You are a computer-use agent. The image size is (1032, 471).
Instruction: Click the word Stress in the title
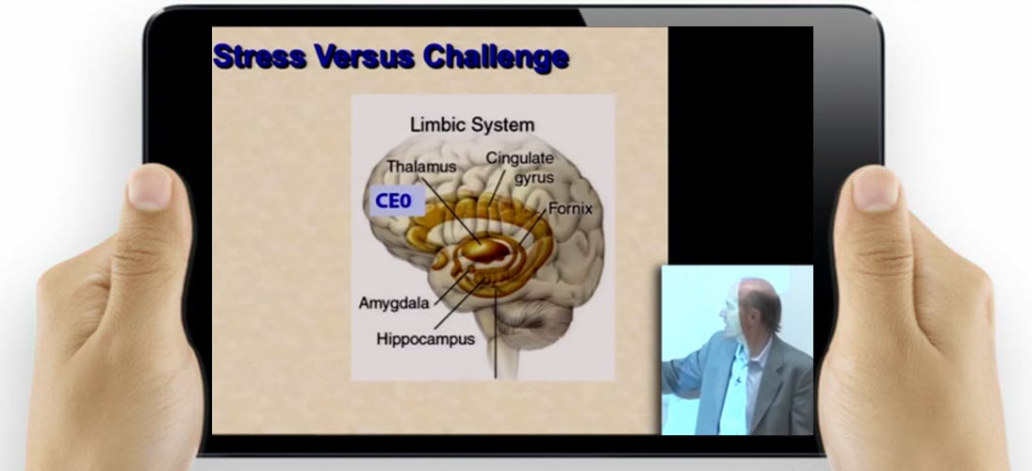[261, 57]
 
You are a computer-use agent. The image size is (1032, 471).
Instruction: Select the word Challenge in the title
[497, 57]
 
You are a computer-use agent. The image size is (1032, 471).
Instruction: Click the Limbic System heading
[472, 124]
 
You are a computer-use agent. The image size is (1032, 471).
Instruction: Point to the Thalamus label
[421, 167]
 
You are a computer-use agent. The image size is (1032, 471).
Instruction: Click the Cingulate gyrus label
[520, 168]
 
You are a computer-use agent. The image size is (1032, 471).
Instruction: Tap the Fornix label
[570, 208]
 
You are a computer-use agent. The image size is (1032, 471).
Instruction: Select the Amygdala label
[394, 303]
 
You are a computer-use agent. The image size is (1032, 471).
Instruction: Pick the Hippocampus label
[425, 339]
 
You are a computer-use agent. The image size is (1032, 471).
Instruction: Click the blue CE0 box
[396, 201]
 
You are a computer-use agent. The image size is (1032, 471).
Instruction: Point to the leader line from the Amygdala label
[451, 286]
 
